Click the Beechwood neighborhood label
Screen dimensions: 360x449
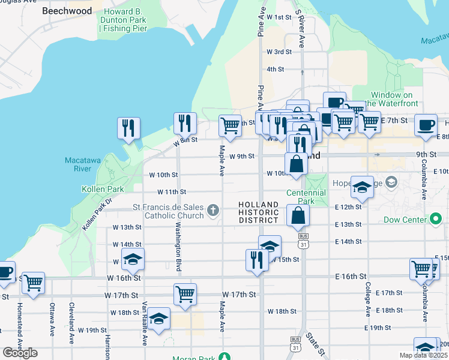click(67, 11)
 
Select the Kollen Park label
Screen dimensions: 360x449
click(103, 189)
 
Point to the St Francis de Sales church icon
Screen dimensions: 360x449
click(213, 210)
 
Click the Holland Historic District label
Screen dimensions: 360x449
click(259, 212)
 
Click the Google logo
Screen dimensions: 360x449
click(20, 353)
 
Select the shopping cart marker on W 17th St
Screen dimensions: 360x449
click(185, 295)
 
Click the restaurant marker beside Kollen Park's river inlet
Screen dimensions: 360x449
click(128, 128)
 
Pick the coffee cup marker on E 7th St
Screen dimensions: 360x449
click(426, 125)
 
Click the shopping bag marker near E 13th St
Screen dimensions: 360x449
click(298, 215)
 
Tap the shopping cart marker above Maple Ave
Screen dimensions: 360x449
click(230, 126)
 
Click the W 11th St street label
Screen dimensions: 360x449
click(172, 192)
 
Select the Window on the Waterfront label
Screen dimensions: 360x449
click(392, 99)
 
